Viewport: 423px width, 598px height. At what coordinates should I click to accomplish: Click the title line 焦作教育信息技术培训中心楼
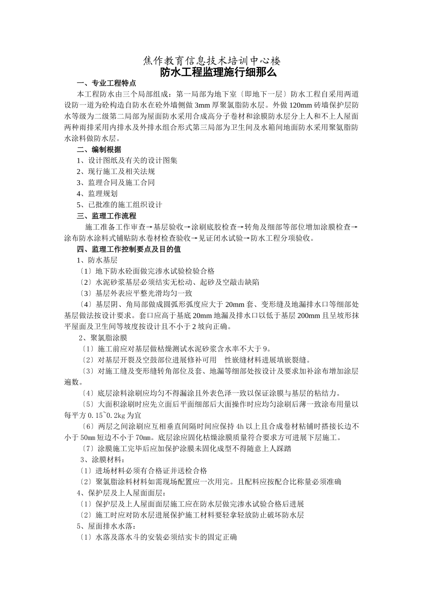pyautogui.click(x=211, y=61)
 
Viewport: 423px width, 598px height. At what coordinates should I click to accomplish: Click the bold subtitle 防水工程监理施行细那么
pyautogui.click(x=211, y=72)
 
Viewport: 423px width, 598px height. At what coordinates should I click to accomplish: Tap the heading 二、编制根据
pyautogui.click(x=99, y=149)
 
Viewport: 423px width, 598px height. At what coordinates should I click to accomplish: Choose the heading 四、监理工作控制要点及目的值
pyautogui.click(x=129, y=249)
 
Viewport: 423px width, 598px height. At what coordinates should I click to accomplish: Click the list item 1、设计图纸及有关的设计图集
pyautogui.click(x=127, y=161)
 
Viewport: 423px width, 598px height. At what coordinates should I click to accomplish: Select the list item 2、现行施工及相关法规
pyautogui.click(x=116, y=172)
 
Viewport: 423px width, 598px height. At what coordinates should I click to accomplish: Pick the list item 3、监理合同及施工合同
pyautogui.click(x=116, y=183)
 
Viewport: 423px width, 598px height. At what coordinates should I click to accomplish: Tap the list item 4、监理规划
pyautogui.click(x=97, y=194)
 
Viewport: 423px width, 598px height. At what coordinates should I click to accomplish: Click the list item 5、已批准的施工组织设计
pyautogui.click(x=119, y=205)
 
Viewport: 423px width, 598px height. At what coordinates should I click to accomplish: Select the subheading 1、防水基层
pyautogui.click(x=97, y=260)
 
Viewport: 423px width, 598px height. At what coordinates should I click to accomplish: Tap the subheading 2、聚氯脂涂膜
pyautogui.click(x=103, y=338)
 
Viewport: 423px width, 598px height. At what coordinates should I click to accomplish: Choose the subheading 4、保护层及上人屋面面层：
pyautogui.click(x=122, y=493)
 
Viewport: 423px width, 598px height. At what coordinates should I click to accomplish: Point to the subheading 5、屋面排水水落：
pyautogui.click(x=106, y=526)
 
